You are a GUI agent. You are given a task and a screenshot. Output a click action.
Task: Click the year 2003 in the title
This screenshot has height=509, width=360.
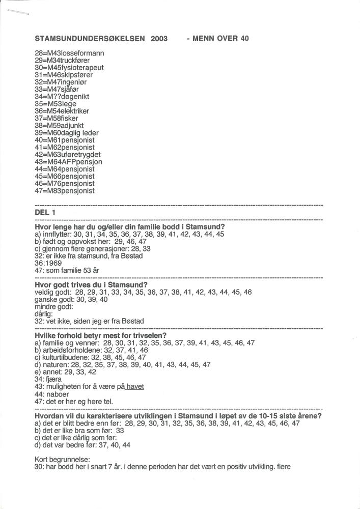pos(159,39)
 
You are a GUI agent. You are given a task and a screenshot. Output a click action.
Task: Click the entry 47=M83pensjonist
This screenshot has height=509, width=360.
pos(64,191)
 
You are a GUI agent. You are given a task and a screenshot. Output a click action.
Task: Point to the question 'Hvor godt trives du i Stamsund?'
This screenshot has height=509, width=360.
pos(91,285)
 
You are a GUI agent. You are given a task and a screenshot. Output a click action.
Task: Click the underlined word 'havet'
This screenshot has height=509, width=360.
pos(134,387)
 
